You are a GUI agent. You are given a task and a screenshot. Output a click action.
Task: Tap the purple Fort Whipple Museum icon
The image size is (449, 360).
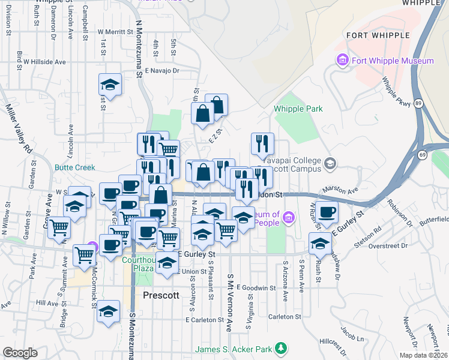[343, 61]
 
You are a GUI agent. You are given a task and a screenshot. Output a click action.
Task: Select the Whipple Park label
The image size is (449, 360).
[298, 109]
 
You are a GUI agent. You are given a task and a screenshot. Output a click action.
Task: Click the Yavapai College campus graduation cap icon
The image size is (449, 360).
[330, 163]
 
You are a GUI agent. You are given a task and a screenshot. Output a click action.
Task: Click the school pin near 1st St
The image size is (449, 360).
[110, 85]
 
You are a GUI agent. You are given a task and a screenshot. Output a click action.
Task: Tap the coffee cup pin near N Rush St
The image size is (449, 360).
[327, 212]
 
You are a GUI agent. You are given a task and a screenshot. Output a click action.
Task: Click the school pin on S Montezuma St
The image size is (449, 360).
[109, 313]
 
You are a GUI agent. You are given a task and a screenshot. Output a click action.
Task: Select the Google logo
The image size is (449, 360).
[20, 353]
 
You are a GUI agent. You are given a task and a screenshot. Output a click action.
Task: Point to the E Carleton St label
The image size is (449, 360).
[204, 320]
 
